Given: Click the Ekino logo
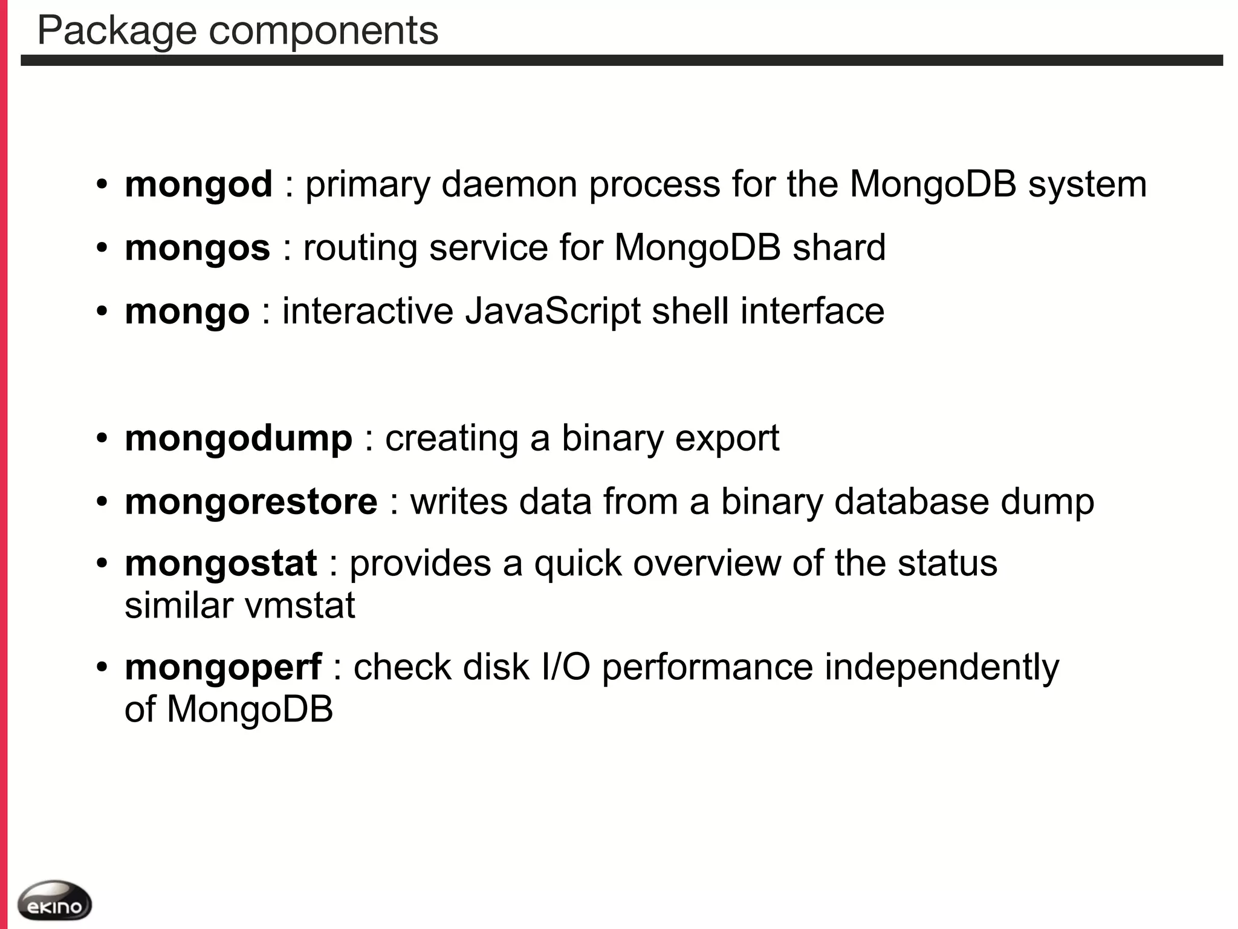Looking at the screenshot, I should point(54,901).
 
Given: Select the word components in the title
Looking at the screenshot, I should point(323,31).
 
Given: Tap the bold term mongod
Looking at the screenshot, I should point(198,184).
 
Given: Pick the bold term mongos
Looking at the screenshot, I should point(197,249).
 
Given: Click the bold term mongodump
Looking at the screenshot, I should point(238,438).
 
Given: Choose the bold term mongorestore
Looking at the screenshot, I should point(251,502).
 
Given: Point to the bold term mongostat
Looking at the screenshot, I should point(221,564).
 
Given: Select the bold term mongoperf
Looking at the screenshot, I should point(223,668).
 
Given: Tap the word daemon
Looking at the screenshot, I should point(509,184).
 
